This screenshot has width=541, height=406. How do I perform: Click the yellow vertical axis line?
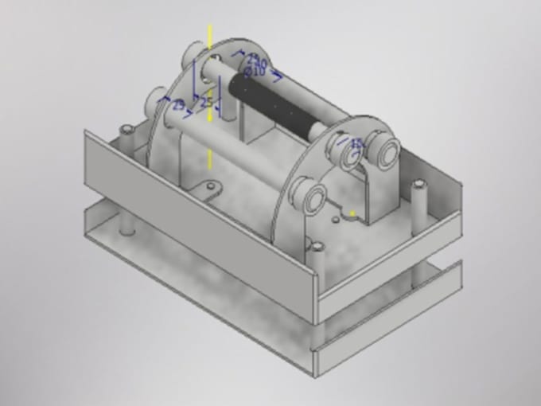[x=210, y=143]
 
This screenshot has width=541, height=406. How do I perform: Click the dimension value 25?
[x=206, y=103]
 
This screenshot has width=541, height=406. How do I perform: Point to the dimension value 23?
[x=179, y=104]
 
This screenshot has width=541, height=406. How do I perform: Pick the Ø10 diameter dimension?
[x=255, y=72]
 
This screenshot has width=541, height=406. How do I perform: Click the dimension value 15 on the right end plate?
[x=356, y=143]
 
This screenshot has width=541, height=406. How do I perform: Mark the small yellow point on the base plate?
[x=352, y=213]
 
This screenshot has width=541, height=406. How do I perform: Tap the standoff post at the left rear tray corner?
[x=126, y=132]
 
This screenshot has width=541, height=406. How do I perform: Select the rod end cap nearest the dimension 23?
[x=154, y=102]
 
